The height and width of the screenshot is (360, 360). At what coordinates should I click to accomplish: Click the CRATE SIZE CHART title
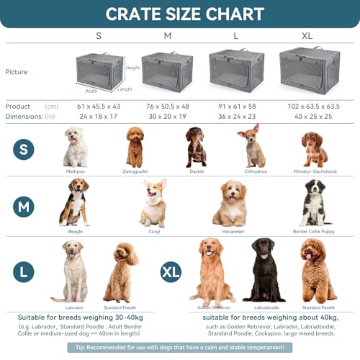tap(179, 14)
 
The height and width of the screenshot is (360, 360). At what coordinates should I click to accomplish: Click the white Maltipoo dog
tap(76, 147)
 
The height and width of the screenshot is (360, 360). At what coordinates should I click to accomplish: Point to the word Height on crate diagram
tap(132, 68)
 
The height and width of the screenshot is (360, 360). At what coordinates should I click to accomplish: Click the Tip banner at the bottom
tap(179, 346)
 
